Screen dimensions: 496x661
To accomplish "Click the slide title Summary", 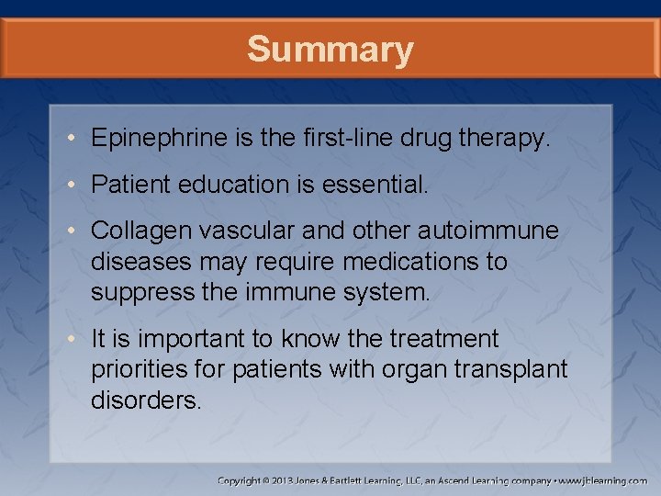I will [x=330, y=50].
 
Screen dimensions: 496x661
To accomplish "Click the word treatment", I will [x=444, y=339].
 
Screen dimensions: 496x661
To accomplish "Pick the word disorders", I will [x=145, y=401].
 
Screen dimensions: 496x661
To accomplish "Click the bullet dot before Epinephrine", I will [x=73, y=140].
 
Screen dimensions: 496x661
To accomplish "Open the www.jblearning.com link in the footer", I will [x=604, y=480].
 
